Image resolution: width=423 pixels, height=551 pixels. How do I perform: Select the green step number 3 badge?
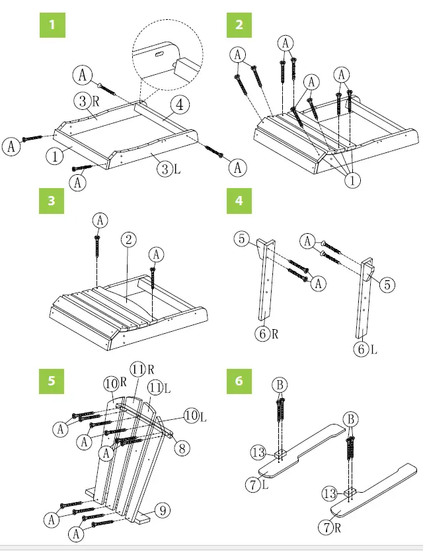[51, 201]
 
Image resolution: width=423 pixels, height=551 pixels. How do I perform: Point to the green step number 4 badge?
[239, 201]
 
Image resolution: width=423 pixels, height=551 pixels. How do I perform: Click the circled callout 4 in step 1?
[180, 105]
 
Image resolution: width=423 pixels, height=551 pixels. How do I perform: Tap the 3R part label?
[86, 101]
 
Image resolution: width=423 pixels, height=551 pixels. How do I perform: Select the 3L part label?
[168, 169]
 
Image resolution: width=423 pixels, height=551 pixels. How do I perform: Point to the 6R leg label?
[267, 334]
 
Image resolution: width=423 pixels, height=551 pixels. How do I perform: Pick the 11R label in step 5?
[140, 369]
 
